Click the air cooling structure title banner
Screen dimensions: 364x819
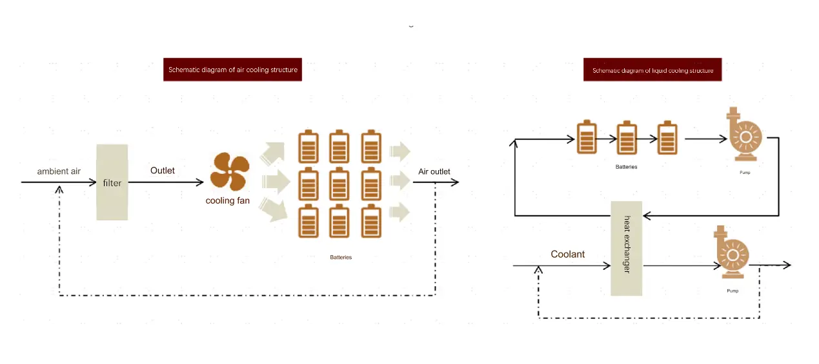(x=232, y=70)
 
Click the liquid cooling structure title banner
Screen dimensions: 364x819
(x=652, y=70)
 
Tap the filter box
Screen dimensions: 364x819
(x=112, y=182)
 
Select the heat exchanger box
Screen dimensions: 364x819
(x=627, y=248)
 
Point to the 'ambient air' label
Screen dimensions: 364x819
(x=59, y=171)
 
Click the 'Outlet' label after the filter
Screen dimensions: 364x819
(x=163, y=171)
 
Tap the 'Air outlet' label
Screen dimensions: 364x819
(x=434, y=171)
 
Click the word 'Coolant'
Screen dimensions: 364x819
(x=568, y=254)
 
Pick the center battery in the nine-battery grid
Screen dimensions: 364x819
(x=339, y=184)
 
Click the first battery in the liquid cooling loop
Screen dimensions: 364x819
(x=587, y=137)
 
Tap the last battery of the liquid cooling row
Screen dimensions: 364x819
(x=667, y=139)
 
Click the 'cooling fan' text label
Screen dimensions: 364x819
(x=228, y=201)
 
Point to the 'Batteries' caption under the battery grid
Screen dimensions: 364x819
(x=341, y=257)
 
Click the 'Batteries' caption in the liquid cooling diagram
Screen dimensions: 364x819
(x=626, y=167)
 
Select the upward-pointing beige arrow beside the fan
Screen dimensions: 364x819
(x=271, y=153)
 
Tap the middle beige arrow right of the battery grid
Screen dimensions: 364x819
(x=400, y=182)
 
